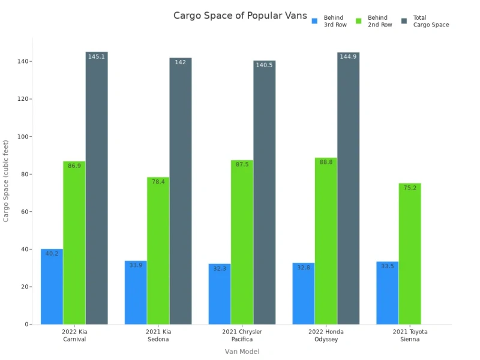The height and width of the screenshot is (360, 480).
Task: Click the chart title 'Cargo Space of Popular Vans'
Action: click(240, 16)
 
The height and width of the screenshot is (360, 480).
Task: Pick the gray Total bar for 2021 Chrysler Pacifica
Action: click(264, 192)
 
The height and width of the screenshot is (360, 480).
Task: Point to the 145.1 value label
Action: click(97, 56)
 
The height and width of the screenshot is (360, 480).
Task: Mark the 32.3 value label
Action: click(220, 268)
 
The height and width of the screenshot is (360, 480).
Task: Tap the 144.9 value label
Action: click(348, 56)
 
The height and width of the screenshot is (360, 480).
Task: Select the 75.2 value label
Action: click(410, 188)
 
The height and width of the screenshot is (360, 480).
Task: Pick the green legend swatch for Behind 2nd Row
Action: click(359, 22)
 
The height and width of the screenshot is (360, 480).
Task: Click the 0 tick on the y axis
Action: click(26, 325)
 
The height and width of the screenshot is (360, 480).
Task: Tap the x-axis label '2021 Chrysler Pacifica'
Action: click(242, 335)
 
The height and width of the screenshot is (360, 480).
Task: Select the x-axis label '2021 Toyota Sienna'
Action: click(410, 335)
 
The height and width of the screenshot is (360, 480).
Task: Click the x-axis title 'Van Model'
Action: click(242, 352)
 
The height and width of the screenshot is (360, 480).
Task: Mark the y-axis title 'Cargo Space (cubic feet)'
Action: click(7, 181)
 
